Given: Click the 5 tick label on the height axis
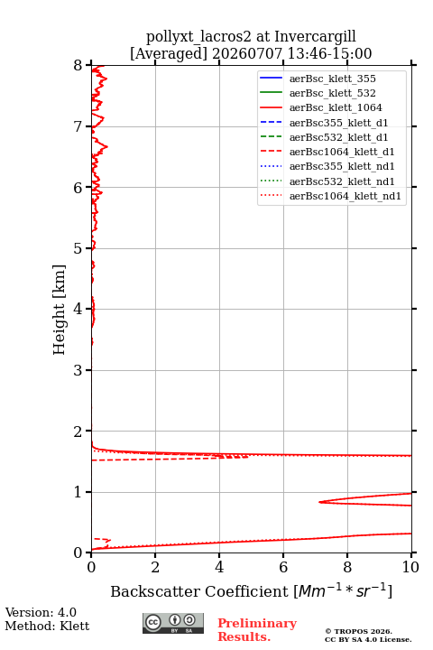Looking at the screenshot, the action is (x=78, y=248).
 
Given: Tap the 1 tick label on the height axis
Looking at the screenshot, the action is (x=78, y=492).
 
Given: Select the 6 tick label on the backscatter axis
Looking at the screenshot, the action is (x=283, y=567).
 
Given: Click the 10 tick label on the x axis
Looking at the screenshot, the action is (x=410, y=567).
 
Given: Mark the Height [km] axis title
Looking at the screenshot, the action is (x=60, y=310).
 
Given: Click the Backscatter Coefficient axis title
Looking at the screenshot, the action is (x=251, y=590).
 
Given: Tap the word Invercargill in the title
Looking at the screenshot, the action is (x=316, y=37).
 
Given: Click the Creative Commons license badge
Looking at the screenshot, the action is (x=173, y=624).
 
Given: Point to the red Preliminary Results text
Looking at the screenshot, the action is (x=257, y=630).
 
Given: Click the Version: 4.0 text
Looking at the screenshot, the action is (x=41, y=613).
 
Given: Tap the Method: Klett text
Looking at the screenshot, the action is (x=47, y=626).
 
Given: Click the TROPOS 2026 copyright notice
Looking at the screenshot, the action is (x=359, y=631).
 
